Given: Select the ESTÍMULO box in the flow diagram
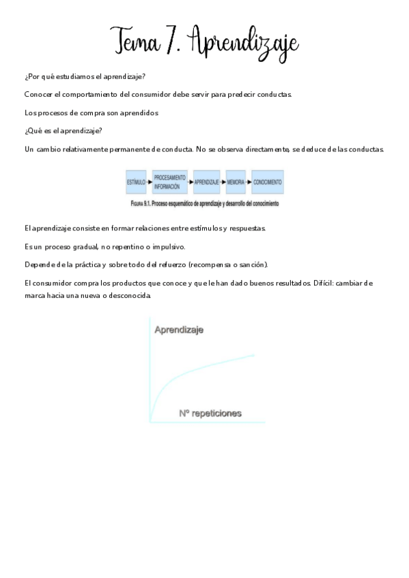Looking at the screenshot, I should tap(136, 183).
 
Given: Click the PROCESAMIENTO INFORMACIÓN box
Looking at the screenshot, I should tap(169, 183).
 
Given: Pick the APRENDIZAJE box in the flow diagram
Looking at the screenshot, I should tap(206, 183).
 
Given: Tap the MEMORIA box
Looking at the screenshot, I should tap(236, 183).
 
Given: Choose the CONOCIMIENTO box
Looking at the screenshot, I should tap(267, 183).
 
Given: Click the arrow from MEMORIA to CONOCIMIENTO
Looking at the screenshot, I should tap(249, 183).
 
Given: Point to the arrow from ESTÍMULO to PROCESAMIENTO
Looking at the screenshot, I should tap(149, 183).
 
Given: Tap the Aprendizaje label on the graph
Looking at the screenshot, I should tap(179, 330).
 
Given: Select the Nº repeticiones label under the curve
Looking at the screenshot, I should tap(210, 413).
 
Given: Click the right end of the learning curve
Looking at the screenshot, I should tap(255, 354).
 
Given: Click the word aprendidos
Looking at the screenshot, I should tap(139, 112).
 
